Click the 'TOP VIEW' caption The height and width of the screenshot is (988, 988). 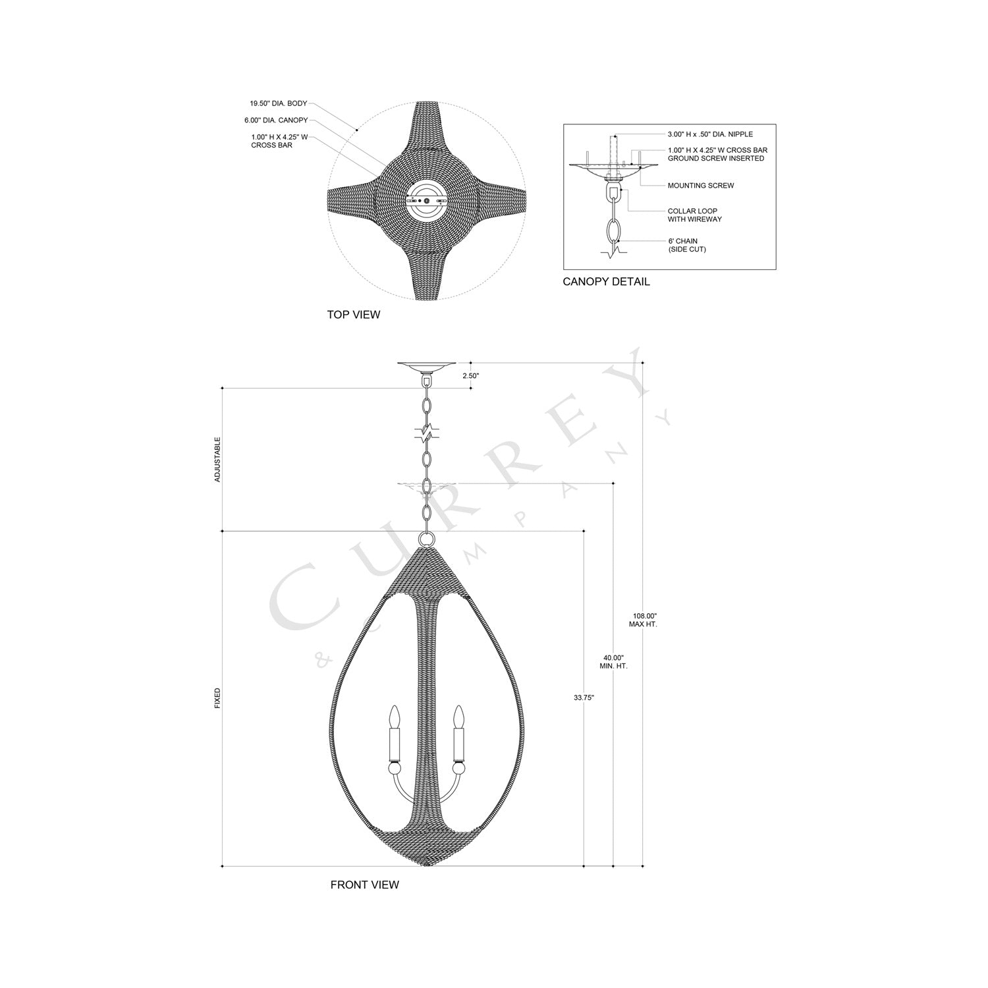point(353,315)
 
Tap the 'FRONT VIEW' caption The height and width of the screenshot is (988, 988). point(364,885)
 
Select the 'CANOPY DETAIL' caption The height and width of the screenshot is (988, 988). point(606,282)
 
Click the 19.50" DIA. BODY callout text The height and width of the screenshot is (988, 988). point(278,103)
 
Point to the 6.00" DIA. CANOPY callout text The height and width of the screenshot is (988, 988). point(275,121)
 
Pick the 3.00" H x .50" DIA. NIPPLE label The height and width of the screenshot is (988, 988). point(710,134)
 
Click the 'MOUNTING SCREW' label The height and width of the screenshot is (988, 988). point(700,186)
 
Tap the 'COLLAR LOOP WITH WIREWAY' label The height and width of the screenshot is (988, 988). point(694,215)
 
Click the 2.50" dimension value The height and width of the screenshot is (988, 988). point(471,375)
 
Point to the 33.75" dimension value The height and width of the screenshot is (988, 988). point(584,698)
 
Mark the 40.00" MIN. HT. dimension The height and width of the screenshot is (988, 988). point(614,662)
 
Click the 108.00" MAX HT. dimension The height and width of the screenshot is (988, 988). point(643,619)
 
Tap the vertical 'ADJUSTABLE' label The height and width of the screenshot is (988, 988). point(218,459)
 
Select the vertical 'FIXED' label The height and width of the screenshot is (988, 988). point(218,698)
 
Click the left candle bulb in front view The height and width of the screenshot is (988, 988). point(395,716)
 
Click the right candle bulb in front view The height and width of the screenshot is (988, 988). point(459,716)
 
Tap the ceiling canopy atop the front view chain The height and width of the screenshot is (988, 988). point(427,366)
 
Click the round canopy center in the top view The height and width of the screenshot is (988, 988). point(427,200)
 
